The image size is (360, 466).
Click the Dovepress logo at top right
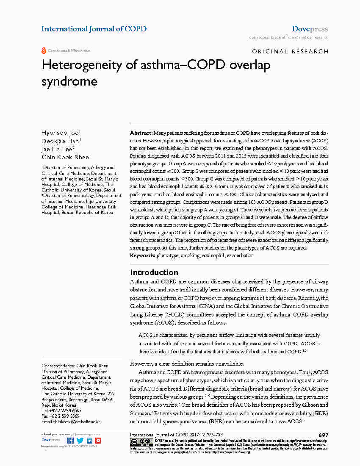click(x=310, y=29)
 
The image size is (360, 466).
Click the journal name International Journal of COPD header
click(x=94, y=29)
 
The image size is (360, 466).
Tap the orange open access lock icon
click(x=44, y=50)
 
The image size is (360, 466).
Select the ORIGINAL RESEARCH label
click(x=290, y=51)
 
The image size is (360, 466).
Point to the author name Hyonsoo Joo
click(x=61, y=133)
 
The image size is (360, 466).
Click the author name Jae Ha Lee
click(x=58, y=149)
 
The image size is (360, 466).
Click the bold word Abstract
click(x=141, y=133)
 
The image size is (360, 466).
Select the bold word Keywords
click(x=143, y=255)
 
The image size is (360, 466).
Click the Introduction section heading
click(x=154, y=272)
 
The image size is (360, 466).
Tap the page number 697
click(x=323, y=435)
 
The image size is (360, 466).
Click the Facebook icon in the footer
click(x=71, y=441)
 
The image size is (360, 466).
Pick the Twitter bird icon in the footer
click(x=80, y=441)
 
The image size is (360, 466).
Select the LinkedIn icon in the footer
click(x=89, y=441)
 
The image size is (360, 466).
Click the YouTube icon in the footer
click(x=98, y=441)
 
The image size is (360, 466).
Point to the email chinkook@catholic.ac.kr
click(x=71, y=422)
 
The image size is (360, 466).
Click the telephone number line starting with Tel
click(x=61, y=411)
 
